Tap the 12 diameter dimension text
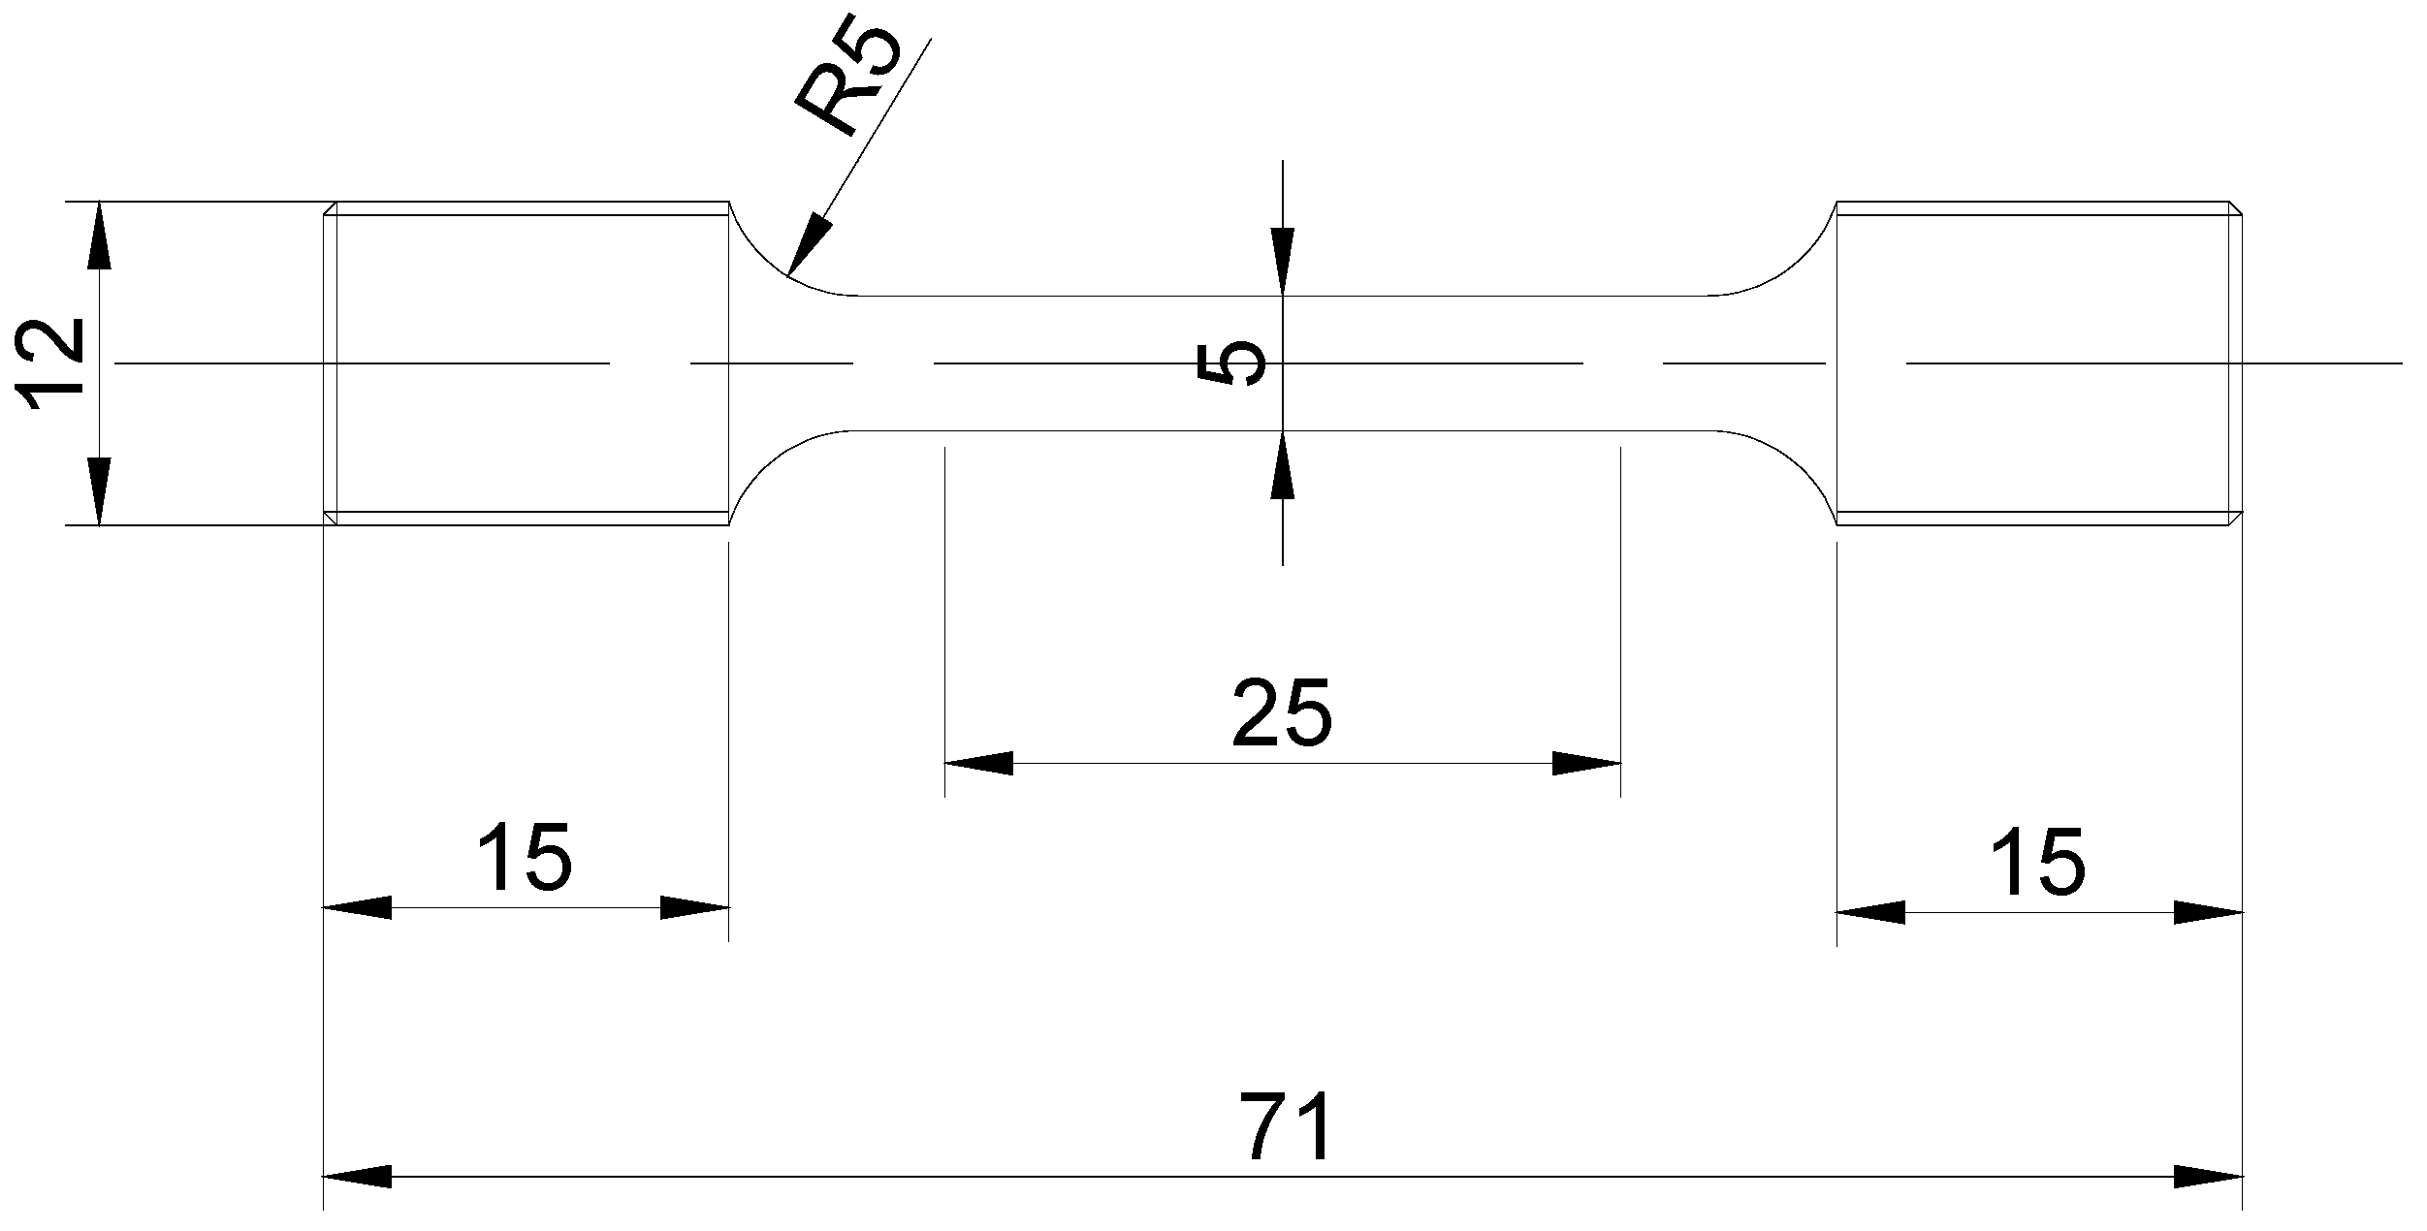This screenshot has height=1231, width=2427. pyautogui.click(x=53, y=363)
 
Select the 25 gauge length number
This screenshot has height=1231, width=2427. pyautogui.click(x=1282, y=712)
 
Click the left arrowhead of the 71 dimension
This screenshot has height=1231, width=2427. pyautogui.click(x=357, y=1177)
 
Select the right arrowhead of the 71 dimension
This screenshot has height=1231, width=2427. pyautogui.click(x=2209, y=1177)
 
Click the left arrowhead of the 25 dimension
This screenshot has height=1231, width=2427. pyautogui.click(x=979, y=763)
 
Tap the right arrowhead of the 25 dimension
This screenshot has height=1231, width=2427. pyautogui.click(x=1586, y=763)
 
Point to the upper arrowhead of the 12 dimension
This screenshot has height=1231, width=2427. pyautogui.click(x=99, y=236)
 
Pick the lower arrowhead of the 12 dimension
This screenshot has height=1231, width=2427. pyautogui.click(x=99, y=491)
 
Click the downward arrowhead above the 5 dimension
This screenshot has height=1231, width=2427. pyautogui.click(x=1282, y=262)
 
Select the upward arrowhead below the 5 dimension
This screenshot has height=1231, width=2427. pyautogui.click(x=1282, y=463)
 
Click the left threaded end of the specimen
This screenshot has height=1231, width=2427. pyautogui.click(x=526, y=363)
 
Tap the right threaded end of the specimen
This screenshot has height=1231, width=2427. pyautogui.click(x=2040, y=363)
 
